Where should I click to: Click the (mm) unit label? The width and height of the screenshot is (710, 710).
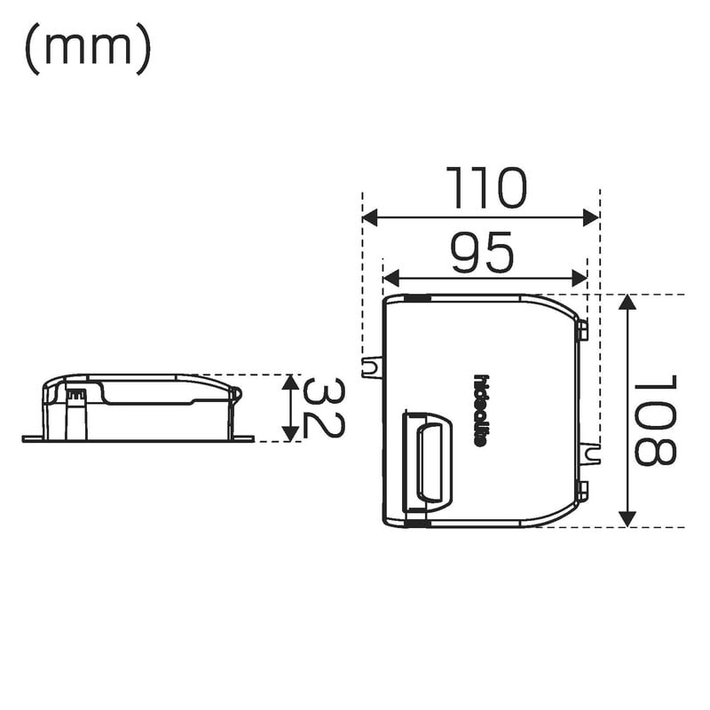88,49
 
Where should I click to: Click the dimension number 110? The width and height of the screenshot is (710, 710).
486,187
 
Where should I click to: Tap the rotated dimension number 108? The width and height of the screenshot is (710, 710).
655,421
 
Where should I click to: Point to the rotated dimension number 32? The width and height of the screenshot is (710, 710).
323,409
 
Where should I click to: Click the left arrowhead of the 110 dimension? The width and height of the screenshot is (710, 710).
370,217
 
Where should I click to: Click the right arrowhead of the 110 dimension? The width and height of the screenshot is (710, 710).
591,217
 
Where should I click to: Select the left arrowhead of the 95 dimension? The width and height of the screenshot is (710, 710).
390,279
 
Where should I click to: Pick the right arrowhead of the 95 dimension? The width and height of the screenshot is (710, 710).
580,279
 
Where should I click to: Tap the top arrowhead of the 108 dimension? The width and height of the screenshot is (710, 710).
627,302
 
